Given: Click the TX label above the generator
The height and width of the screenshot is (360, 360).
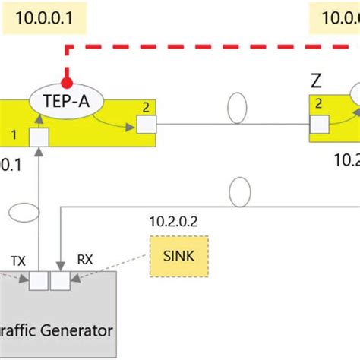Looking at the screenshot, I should (x=19, y=259).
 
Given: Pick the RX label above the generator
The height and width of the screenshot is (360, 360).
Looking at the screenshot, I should (x=85, y=259).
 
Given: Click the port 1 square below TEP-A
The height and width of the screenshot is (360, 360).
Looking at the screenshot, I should (x=38, y=137).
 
